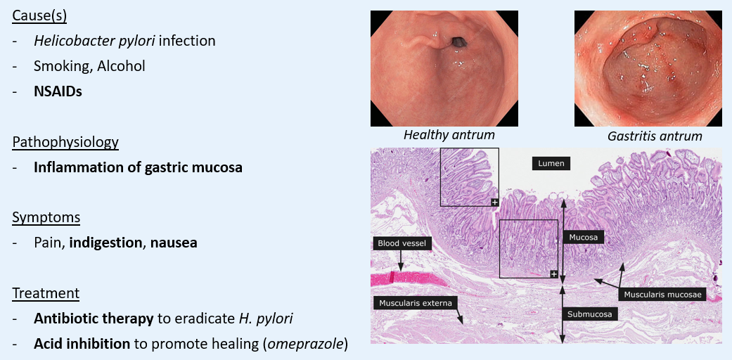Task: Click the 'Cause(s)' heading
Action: pyautogui.click(x=39, y=16)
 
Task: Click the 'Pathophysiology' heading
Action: pyautogui.click(x=65, y=142)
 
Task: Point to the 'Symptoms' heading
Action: pyautogui.click(x=46, y=218)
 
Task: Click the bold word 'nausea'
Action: pyautogui.click(x=174, y=243)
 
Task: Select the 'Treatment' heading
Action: pyautogui.click(x=46, y=294)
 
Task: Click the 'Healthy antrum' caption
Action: pyautogui.click(x=449, y=136)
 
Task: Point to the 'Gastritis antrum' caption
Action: pyautogui.click(x=655, y=136)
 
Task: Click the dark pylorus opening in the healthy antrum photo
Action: pyautogui.click(x=458, y=43)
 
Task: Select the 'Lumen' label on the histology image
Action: pyautogui.click(x=551, y=163)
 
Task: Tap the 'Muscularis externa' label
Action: pyautogui.click(x=415, y=303)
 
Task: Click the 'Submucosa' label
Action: pyautogui.click(x=590, y=314)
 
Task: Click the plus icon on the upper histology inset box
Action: pyautogui.click(x=494, y=202)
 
